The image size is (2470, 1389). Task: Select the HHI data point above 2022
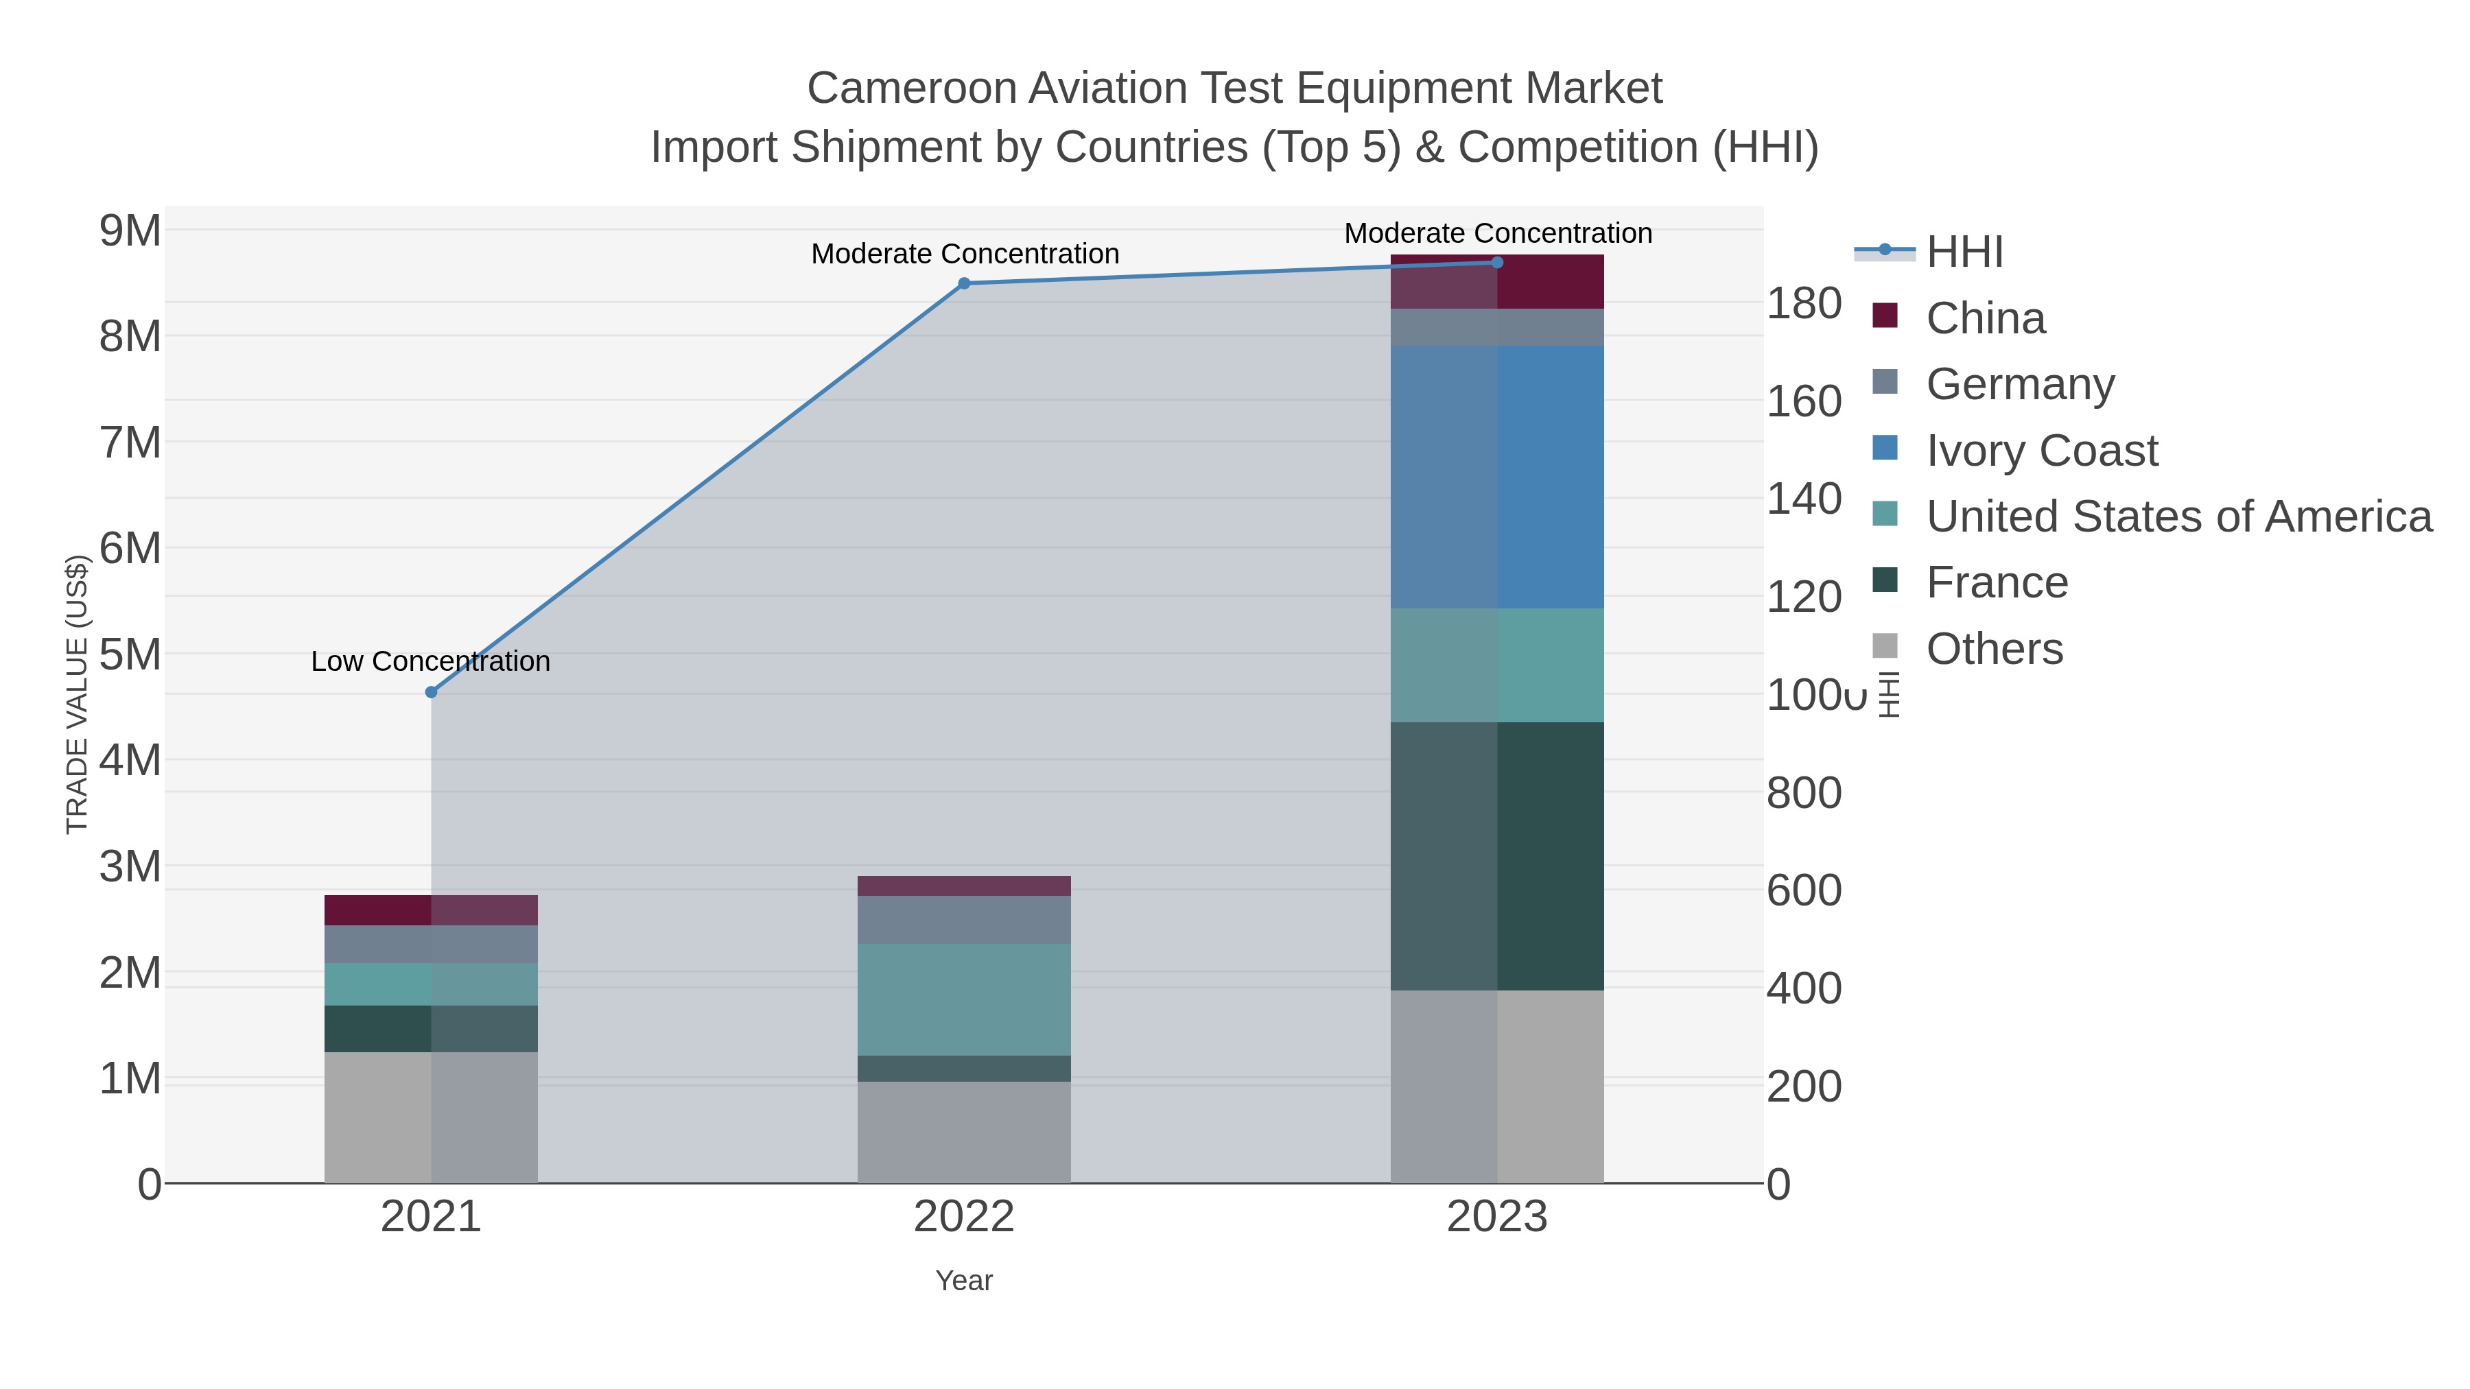(x=964, y=284)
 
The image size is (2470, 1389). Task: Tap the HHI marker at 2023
(x=1497, y=263)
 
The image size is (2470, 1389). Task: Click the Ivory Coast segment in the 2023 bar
(x=1497, y=477)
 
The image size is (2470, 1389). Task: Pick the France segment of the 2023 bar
(x=1497, y=856)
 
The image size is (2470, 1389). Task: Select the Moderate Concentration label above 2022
(x=965, y=254)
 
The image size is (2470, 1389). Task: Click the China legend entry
(x=1985, y=318)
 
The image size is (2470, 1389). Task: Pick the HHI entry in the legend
(x=1964, y=252)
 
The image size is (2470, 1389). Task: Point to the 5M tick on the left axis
(x=130, y=656)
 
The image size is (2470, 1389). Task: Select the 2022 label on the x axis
(x=964, y=1218)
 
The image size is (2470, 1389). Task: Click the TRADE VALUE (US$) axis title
(x=77, y=694)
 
